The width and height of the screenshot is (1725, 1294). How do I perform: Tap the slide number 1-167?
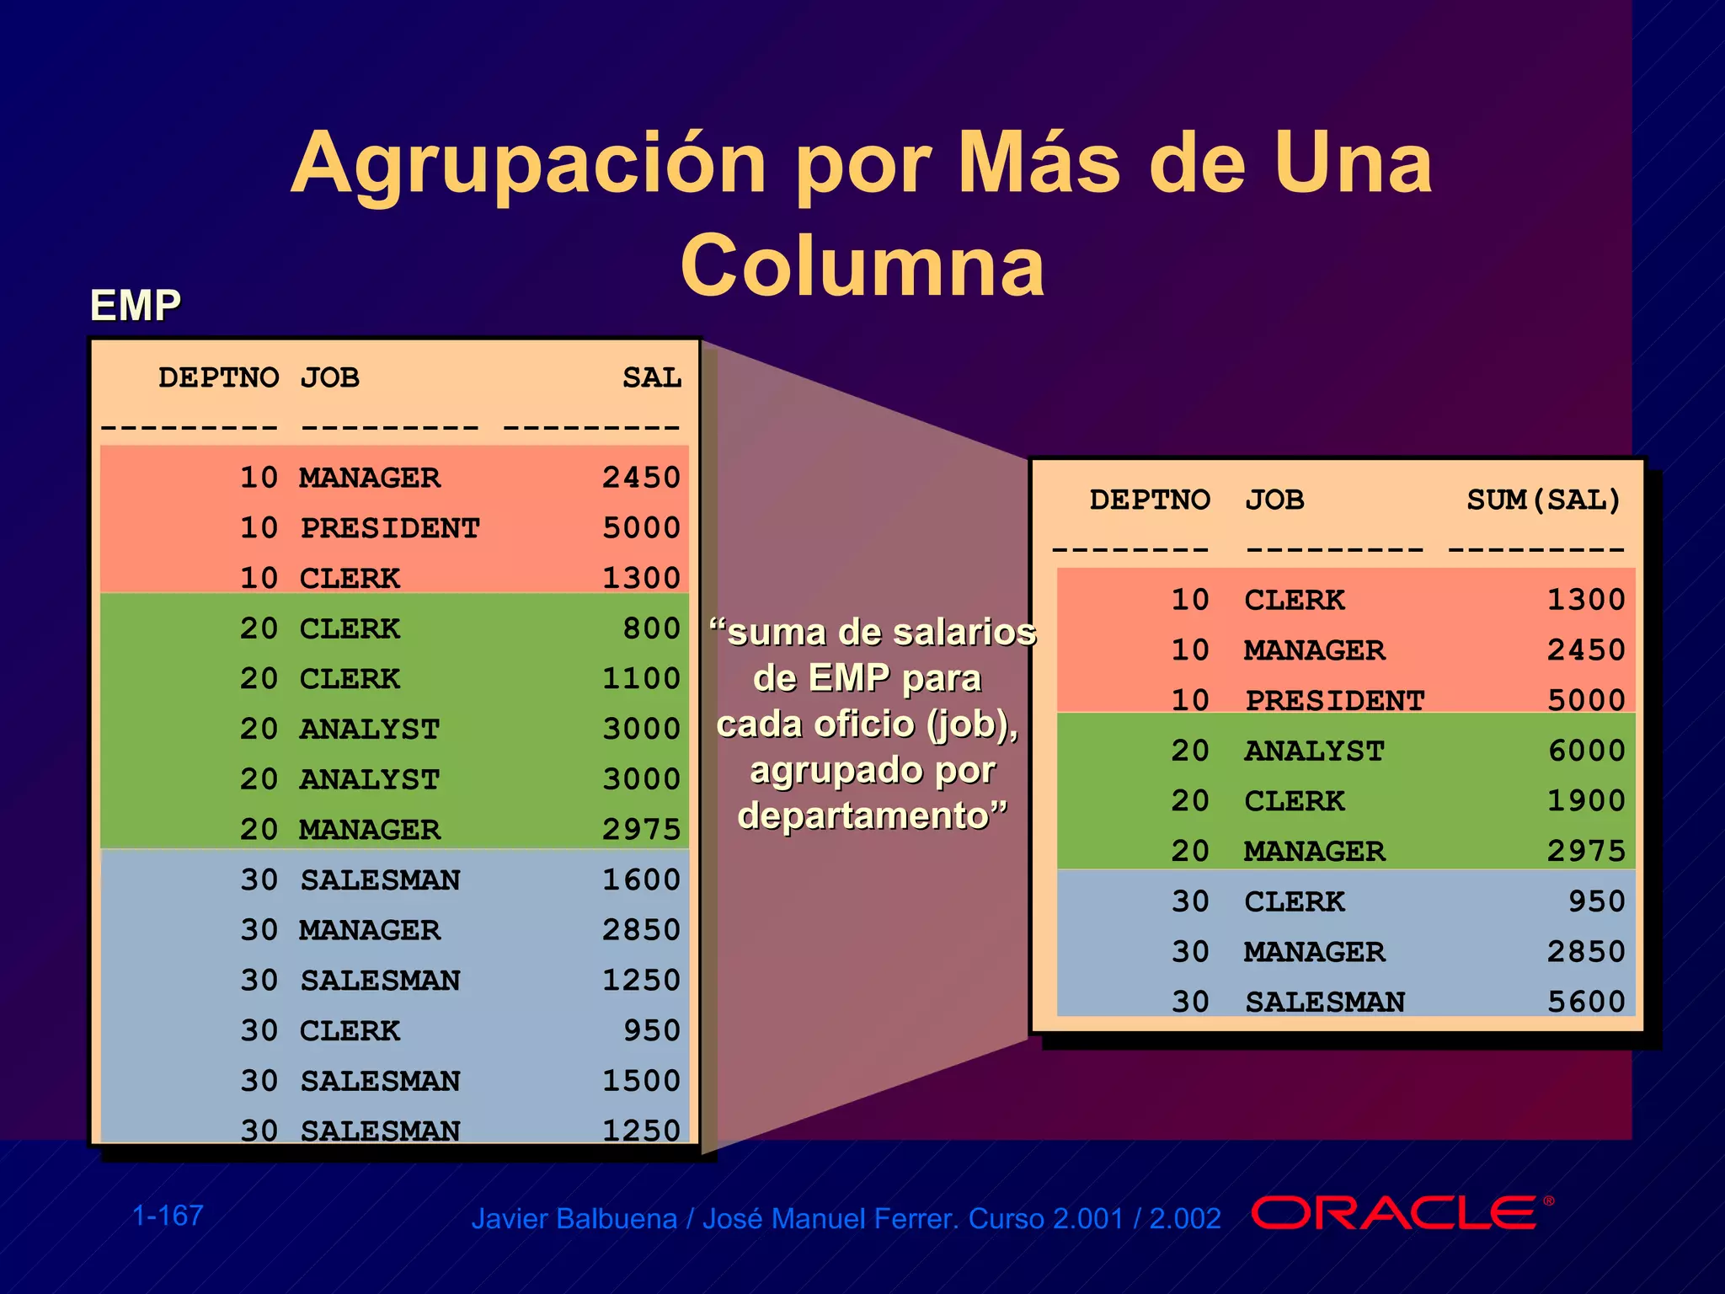click(168, 1216)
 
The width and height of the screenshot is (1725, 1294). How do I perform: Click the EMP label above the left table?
click(136, 305)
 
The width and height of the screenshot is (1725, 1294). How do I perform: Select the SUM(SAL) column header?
click(1543, 500)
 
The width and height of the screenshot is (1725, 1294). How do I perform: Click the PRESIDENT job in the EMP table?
click(390, 528)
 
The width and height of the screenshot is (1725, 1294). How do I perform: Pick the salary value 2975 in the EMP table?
click(641, 830)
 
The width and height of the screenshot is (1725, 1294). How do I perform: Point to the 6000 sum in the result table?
click(1586, 751)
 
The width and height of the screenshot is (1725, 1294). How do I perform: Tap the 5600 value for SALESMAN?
click(1586, 1002)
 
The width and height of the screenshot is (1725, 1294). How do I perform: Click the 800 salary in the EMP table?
click(651, 628)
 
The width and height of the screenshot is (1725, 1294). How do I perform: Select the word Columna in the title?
click(862, 266)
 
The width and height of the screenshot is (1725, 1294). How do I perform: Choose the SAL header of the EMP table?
click(651, 377)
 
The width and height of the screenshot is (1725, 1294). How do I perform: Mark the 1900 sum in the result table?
click(1586, 800)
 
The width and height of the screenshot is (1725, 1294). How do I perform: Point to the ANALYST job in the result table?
click(1314, 751)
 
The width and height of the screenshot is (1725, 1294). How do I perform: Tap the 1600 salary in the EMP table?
click(641, 880)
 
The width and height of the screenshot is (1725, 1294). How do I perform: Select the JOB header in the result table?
click(1274, 500)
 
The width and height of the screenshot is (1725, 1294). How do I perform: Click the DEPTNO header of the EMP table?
click(218, 377)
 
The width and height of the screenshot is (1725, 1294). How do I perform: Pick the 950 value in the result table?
click(1596, 901)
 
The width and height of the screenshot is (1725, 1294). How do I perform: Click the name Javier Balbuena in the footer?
click(574, 1219)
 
